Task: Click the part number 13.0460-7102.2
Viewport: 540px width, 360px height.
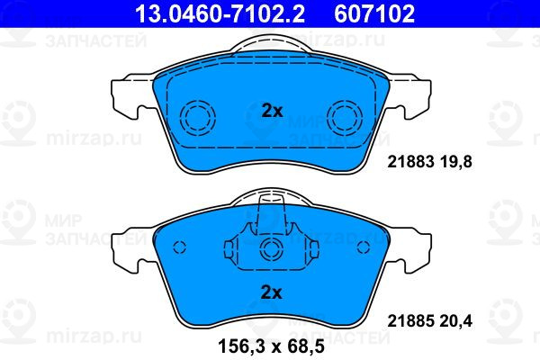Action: [220, 13]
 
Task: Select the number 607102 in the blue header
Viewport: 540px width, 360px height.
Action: [374, 13]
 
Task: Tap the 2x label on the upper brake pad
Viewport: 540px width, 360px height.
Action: [272, 111]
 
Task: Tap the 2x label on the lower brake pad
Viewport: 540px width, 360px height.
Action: [272, 292]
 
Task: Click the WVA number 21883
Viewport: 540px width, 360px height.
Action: [409, 162]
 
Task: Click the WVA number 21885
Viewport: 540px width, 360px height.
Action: [409, 321]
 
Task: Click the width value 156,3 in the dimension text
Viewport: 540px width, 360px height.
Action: [242, 346]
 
